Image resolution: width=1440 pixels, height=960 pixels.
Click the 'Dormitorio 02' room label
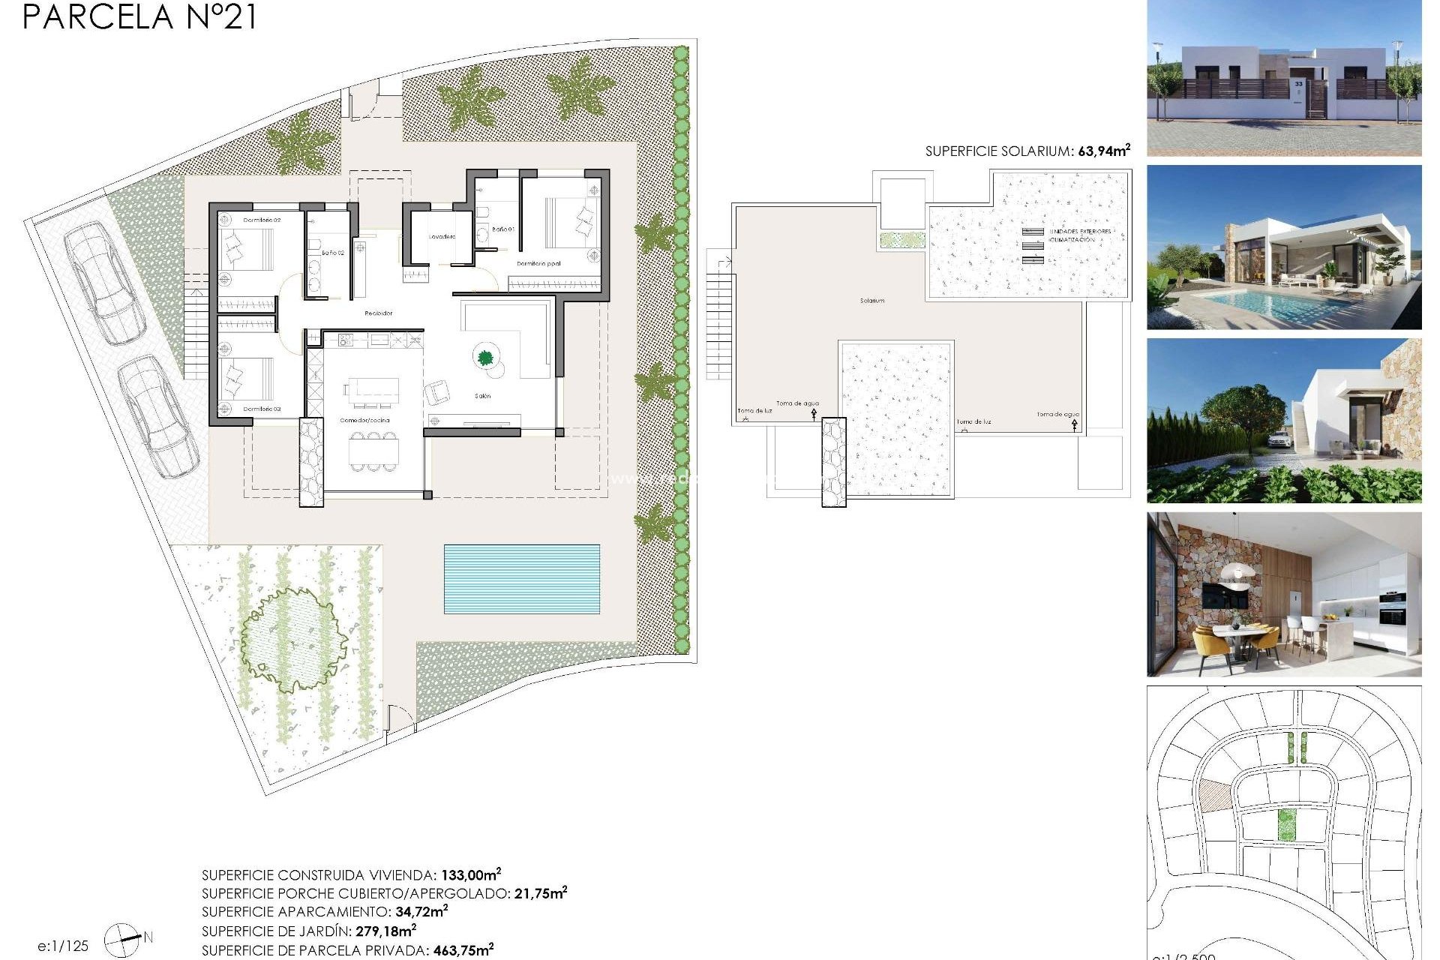262,220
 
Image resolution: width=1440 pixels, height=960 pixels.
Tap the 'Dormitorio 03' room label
262,409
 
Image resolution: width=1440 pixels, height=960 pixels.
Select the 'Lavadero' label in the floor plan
442,237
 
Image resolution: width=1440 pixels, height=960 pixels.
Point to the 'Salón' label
483,396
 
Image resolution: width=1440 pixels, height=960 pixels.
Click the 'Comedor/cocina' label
364,420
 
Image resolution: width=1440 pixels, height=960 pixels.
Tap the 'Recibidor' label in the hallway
378,313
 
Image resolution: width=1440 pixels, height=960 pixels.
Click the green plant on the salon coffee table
485,357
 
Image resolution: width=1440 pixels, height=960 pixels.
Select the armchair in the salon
438,391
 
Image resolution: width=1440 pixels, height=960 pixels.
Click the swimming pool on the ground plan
521,579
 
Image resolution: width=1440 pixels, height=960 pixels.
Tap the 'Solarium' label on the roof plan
871,301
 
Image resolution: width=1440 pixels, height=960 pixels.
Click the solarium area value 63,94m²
1103,151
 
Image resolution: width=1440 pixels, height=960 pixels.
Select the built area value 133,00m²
470,874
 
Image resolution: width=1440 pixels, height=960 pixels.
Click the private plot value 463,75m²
463,950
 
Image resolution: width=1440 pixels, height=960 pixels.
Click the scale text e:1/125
63,946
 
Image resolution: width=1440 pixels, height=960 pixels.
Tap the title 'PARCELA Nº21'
139,16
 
